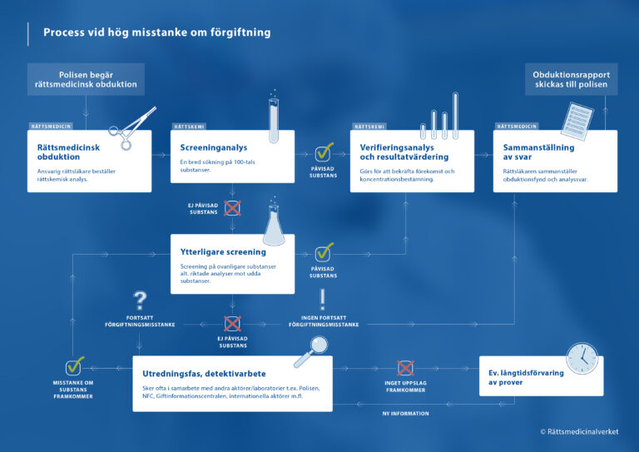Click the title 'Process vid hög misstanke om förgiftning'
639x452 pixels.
[x=156, y=32]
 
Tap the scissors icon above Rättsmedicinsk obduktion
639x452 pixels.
[x=132, y=124]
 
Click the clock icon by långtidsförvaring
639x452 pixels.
[x=582, y=358]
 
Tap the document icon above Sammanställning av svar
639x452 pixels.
[x=575, y=122]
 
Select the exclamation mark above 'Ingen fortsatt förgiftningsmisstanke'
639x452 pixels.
[x=323, y=300]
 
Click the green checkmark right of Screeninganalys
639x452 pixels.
[x=324, y=153]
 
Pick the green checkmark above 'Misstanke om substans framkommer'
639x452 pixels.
[x=75, y=366]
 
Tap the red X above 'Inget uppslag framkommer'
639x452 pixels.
[x=405, y=368]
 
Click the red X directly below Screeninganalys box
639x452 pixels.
[x=232, y=207]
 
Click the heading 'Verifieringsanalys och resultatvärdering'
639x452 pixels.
[x=404, y=151]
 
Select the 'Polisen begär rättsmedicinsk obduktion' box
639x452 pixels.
[x=86, y=80]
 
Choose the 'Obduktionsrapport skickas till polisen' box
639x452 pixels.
[x=571, y=80]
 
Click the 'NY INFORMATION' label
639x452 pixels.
[x=405, y=414]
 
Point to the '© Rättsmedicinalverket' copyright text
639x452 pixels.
[x=585, y=431]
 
